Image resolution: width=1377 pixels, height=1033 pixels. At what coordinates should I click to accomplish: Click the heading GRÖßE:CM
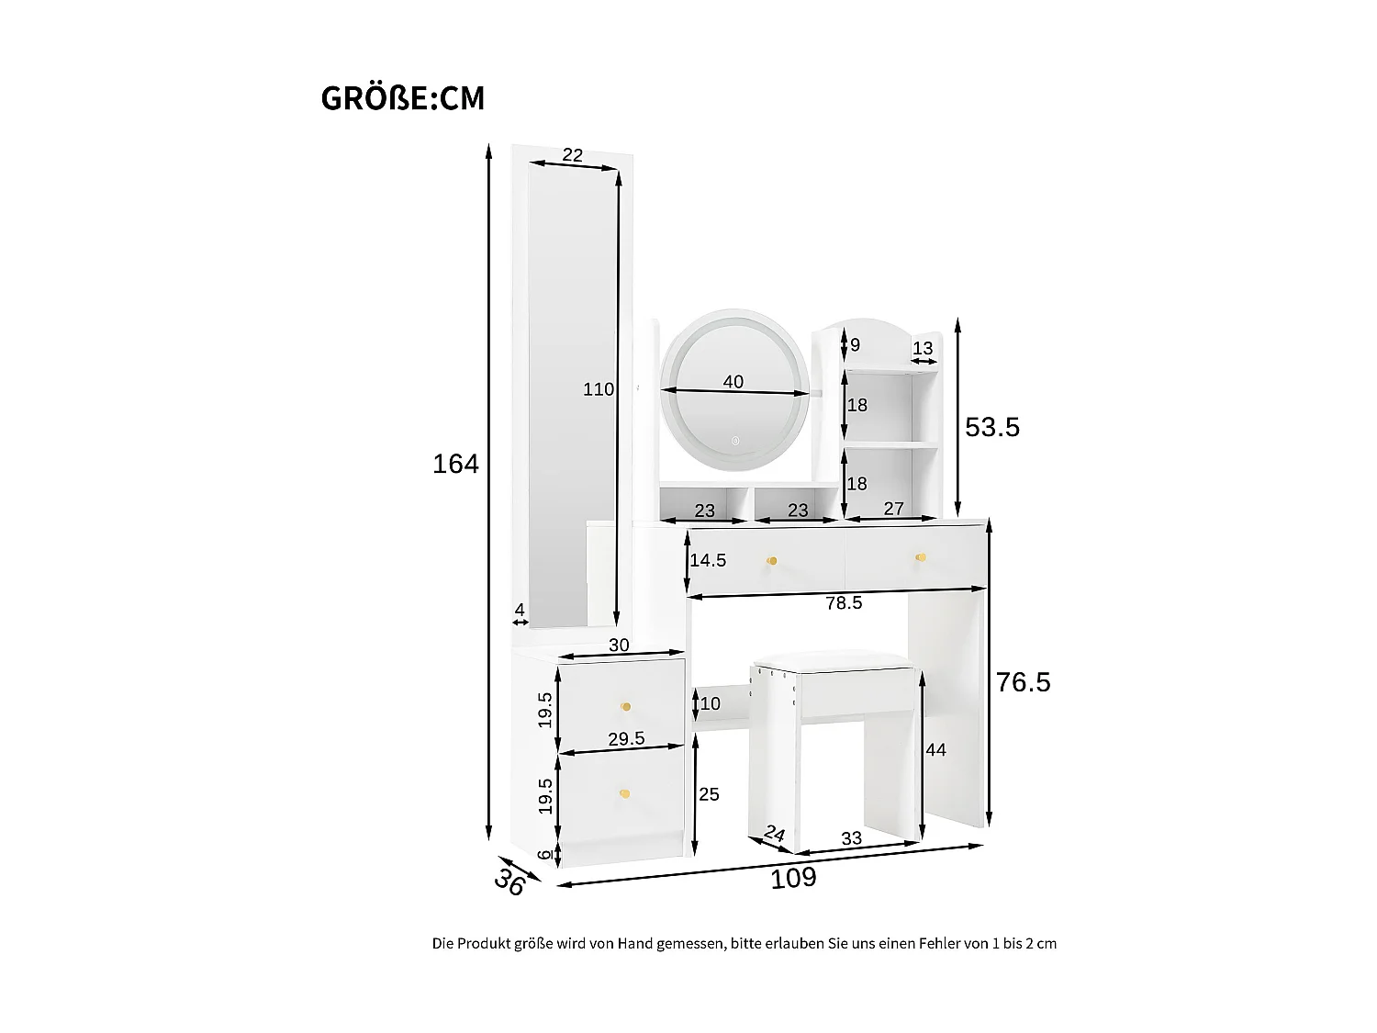[x=403, y=98]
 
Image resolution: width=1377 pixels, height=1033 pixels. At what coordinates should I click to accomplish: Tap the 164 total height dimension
[x=455, y=464]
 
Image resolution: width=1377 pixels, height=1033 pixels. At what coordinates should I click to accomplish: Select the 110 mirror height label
[x=599, y=389]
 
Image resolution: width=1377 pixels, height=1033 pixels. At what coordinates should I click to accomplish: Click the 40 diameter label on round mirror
[x=733, y=381]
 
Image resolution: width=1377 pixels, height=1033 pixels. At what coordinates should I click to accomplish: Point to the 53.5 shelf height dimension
[x=991, y=427]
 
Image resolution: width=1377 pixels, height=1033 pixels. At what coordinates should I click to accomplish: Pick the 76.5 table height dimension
[x=1023, y=681]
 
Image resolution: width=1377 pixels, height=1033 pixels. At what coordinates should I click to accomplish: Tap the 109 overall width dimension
[x=793, y=878]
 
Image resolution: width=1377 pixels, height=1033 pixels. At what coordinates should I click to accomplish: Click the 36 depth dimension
[x=509, y=881]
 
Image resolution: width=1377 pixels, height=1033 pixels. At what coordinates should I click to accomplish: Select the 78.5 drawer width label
[x=843, y=602]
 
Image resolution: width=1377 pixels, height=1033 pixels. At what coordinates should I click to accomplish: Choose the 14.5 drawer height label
[x=708, y=560]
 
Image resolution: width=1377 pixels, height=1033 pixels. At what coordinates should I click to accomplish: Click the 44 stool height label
[x=935, y=749]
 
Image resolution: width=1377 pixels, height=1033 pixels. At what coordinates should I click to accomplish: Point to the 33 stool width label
[x=851, y=838]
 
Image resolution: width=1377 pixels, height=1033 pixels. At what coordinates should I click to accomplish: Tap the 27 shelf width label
[x=893, y=509]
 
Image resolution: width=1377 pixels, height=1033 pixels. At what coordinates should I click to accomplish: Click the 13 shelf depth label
[x=923, y=348]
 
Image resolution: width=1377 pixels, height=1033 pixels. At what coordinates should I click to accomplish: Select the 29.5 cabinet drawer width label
[x=626, y=739]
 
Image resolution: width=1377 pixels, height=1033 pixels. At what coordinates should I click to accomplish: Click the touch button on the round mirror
[x=735, y=441]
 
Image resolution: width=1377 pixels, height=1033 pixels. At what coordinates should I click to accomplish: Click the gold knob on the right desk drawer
[x=921, y=557]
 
